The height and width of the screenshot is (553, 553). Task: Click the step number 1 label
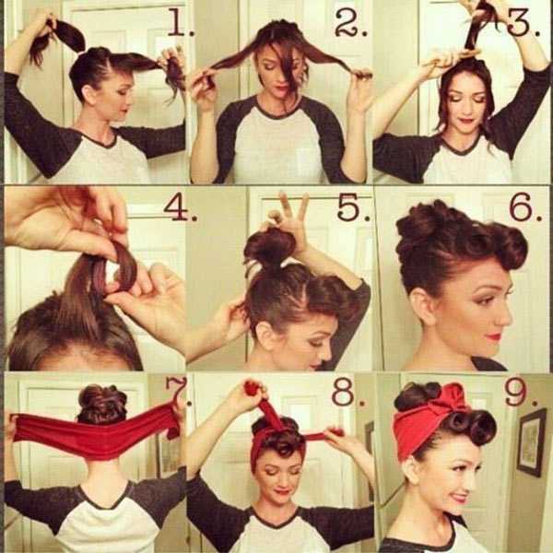[x=181, y=22]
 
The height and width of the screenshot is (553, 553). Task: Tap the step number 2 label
[x=351, y=22]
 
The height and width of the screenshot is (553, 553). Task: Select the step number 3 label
[x=523, y=22]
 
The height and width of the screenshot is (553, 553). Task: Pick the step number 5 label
[x=353, y=207]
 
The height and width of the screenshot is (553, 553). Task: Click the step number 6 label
[x=525, y=207]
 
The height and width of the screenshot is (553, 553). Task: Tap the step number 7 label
[x=178, y=391]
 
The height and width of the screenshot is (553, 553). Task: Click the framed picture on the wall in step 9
[x=532, y=442]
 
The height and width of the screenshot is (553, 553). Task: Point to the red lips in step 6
[x=494, y=336]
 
